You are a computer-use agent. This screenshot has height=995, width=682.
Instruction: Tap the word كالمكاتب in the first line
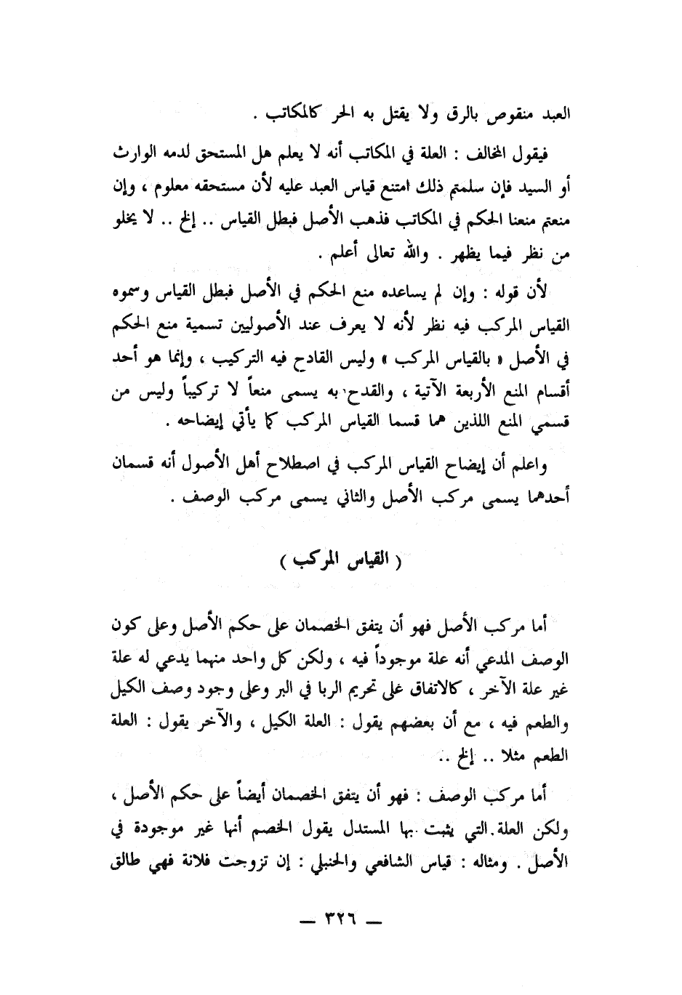click(x=278, y=116)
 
